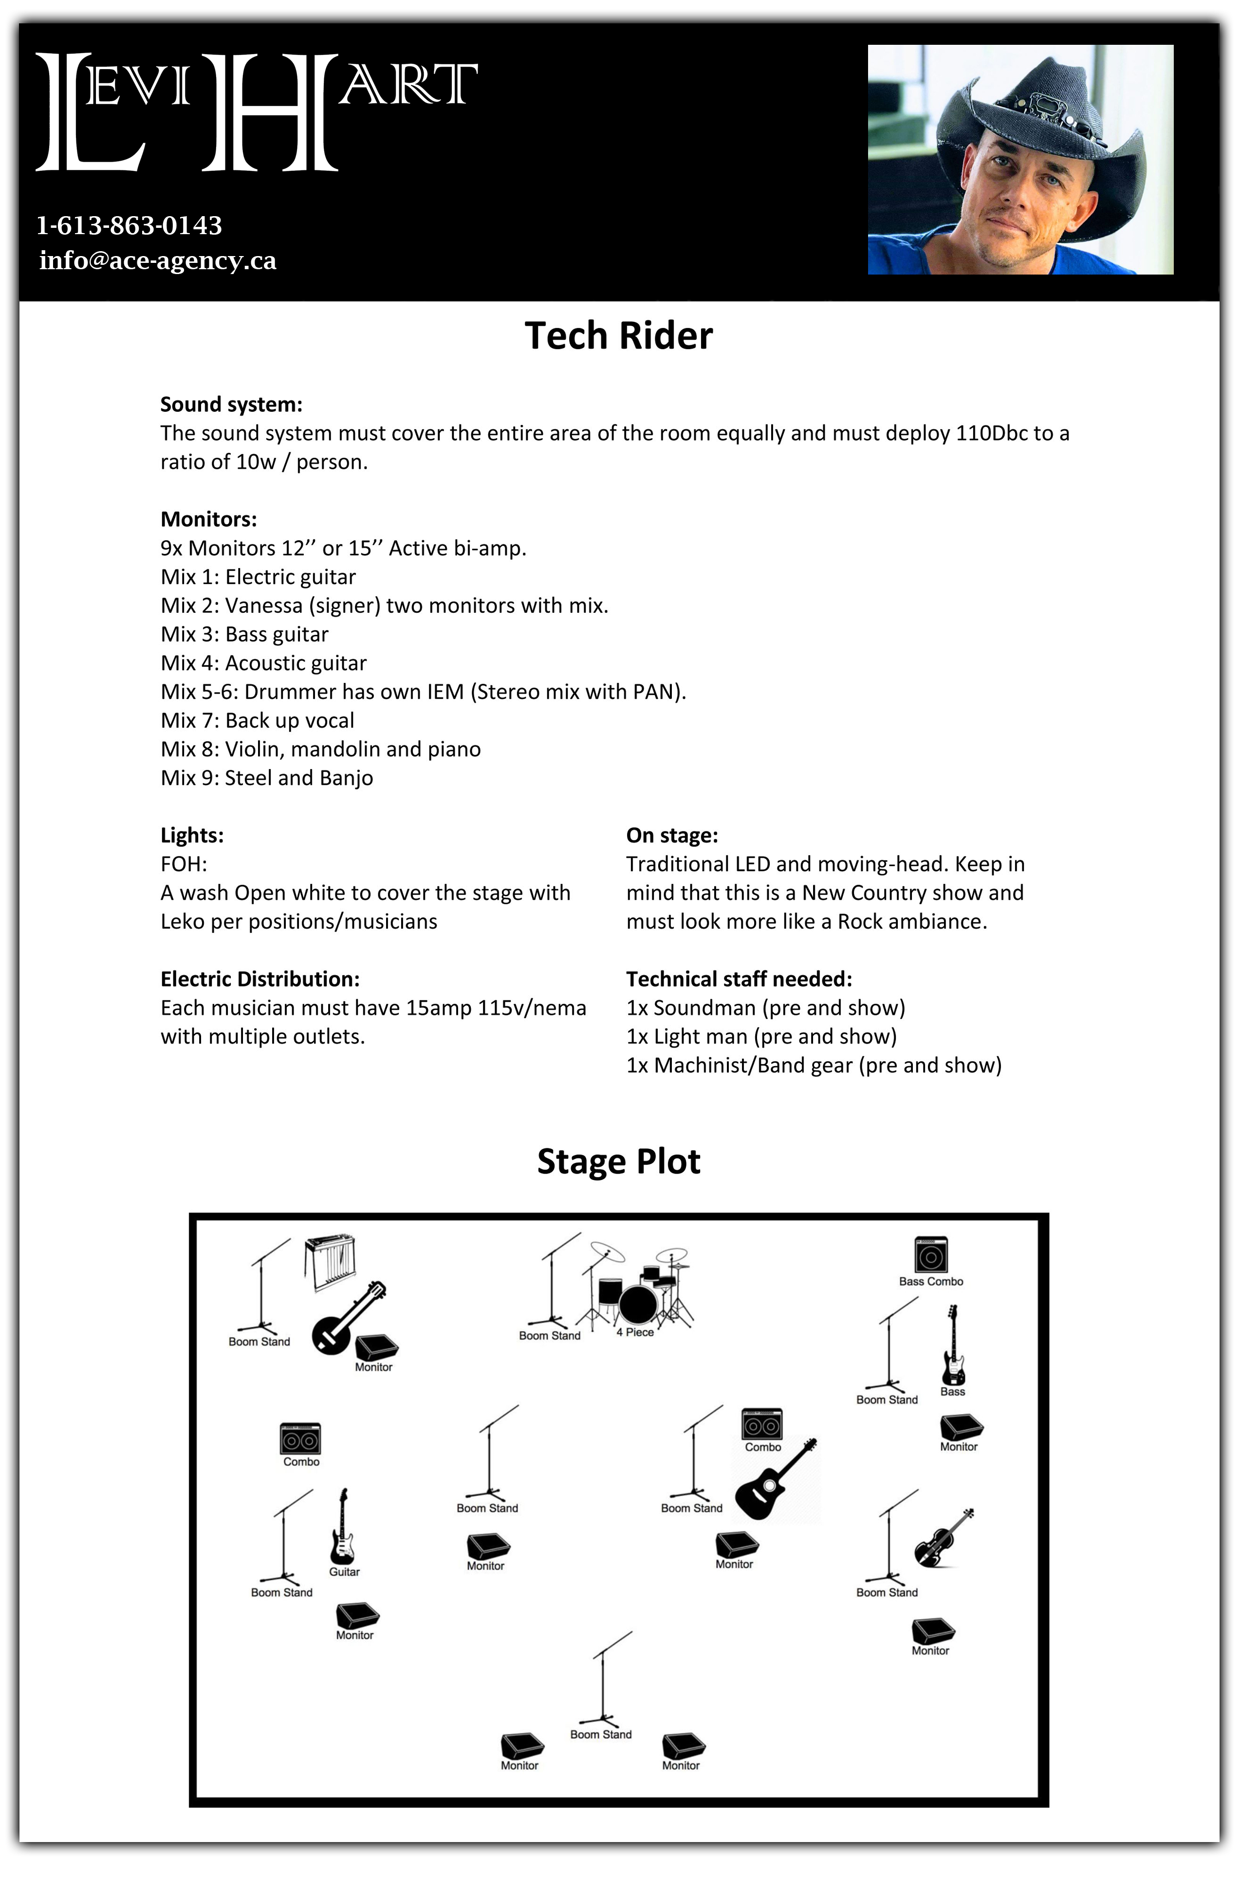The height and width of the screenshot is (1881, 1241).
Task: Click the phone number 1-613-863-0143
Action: pyautogui.click(x=129, y=225)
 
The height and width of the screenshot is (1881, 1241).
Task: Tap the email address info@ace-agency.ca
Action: pyautogui.click(x=158, y=260)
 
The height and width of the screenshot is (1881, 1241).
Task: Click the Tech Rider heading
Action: pyautogui.click(x=618, y=335)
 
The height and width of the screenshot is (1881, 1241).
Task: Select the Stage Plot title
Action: pyautogui.click(x=618, y=1162)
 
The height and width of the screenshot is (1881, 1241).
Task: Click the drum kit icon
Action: pyautogui.click(x=638, y=1287)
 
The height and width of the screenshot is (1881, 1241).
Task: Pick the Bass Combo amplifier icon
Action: pyautogui.click(x=931, y=1254)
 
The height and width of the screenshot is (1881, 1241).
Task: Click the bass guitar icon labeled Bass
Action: pyautogui.click(x=953, y=1345)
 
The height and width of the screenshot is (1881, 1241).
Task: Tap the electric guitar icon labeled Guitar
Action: pyautogui.click(x=342, y=1527)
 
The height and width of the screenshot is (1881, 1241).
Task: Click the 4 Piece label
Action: pyautogui.click(x=635, y=1332)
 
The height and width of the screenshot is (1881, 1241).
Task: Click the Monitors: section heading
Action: pyautogui.click(x=208, y=519)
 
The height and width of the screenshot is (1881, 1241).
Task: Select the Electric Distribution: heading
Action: pyautogui.click(x=259, y=979)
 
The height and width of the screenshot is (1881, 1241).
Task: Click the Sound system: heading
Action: pyautogui.click(x=231, y=405)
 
